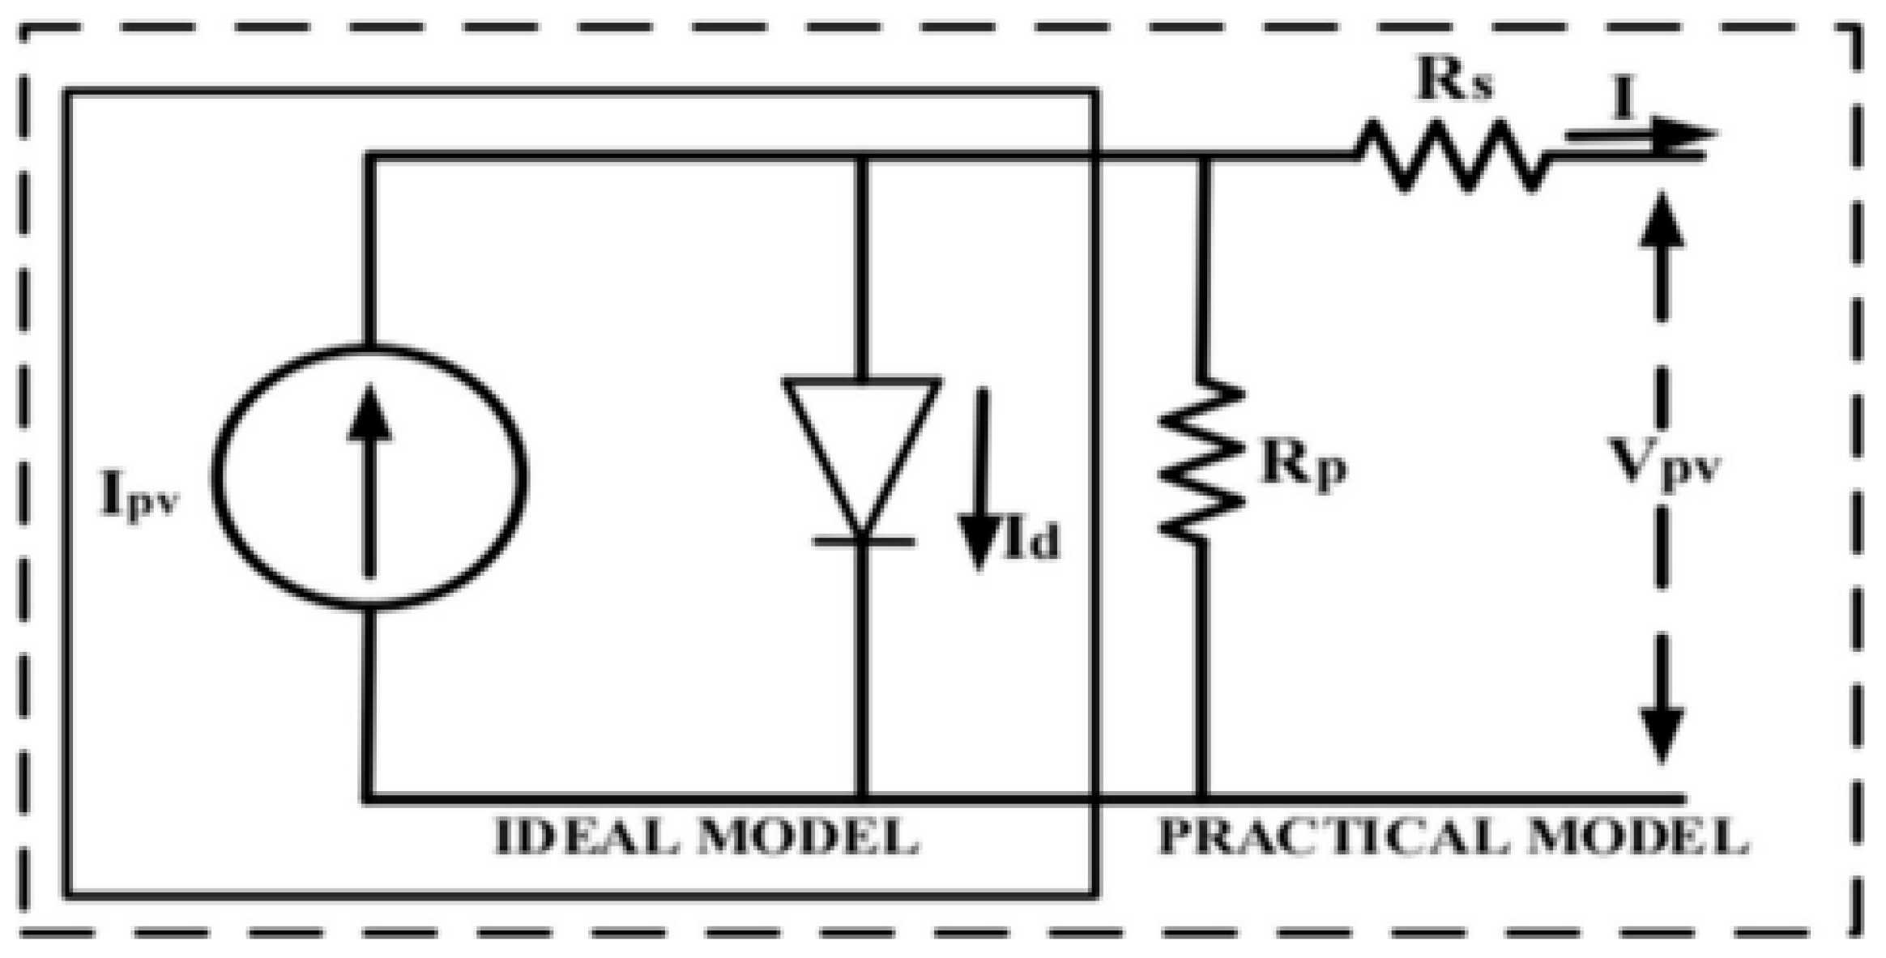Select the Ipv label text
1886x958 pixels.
139,496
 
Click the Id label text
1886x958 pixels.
1031,541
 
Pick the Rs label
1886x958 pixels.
1454,80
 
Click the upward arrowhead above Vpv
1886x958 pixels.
1662,223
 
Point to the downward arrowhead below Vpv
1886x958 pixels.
1662,733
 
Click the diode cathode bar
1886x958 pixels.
864,541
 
